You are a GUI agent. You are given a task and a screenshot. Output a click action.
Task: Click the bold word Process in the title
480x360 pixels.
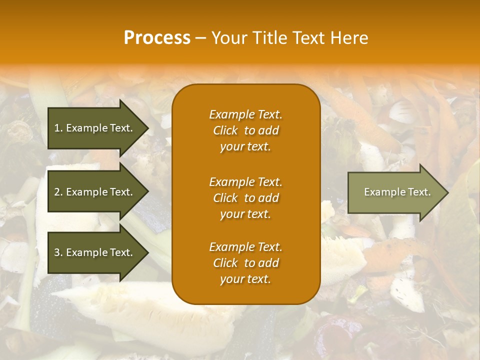click(x=157, y=38)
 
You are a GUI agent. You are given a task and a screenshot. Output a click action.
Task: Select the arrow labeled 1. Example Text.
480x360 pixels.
click(x=95, y=128)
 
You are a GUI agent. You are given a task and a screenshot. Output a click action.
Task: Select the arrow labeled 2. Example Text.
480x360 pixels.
click(x=95, y=192)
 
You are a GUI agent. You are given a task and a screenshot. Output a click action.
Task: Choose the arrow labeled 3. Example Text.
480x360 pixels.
click(x=95, y=252)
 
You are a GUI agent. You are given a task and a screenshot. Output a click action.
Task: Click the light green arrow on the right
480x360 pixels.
click(x=395, y=192)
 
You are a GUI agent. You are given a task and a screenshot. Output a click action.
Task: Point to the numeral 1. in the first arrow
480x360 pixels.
click(x=58, y=128)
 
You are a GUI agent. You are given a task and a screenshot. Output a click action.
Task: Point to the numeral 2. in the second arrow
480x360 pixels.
click(x=58, y=192)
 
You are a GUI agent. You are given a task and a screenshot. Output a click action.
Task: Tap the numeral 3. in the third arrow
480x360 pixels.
click(x=58, y=252)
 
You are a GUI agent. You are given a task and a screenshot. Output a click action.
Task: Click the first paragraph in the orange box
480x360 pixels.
click(x=245, y=130)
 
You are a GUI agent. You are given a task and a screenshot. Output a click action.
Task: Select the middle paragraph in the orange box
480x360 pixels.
click(x=245, y=198)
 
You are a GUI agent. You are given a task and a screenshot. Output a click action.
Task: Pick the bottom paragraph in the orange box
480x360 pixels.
click(x=245, y=263)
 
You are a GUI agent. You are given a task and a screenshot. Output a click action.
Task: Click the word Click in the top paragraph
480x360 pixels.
click(x=225, y=130)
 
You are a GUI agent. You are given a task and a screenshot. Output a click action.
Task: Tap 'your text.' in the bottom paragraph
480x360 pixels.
click(x=245, y=279)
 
